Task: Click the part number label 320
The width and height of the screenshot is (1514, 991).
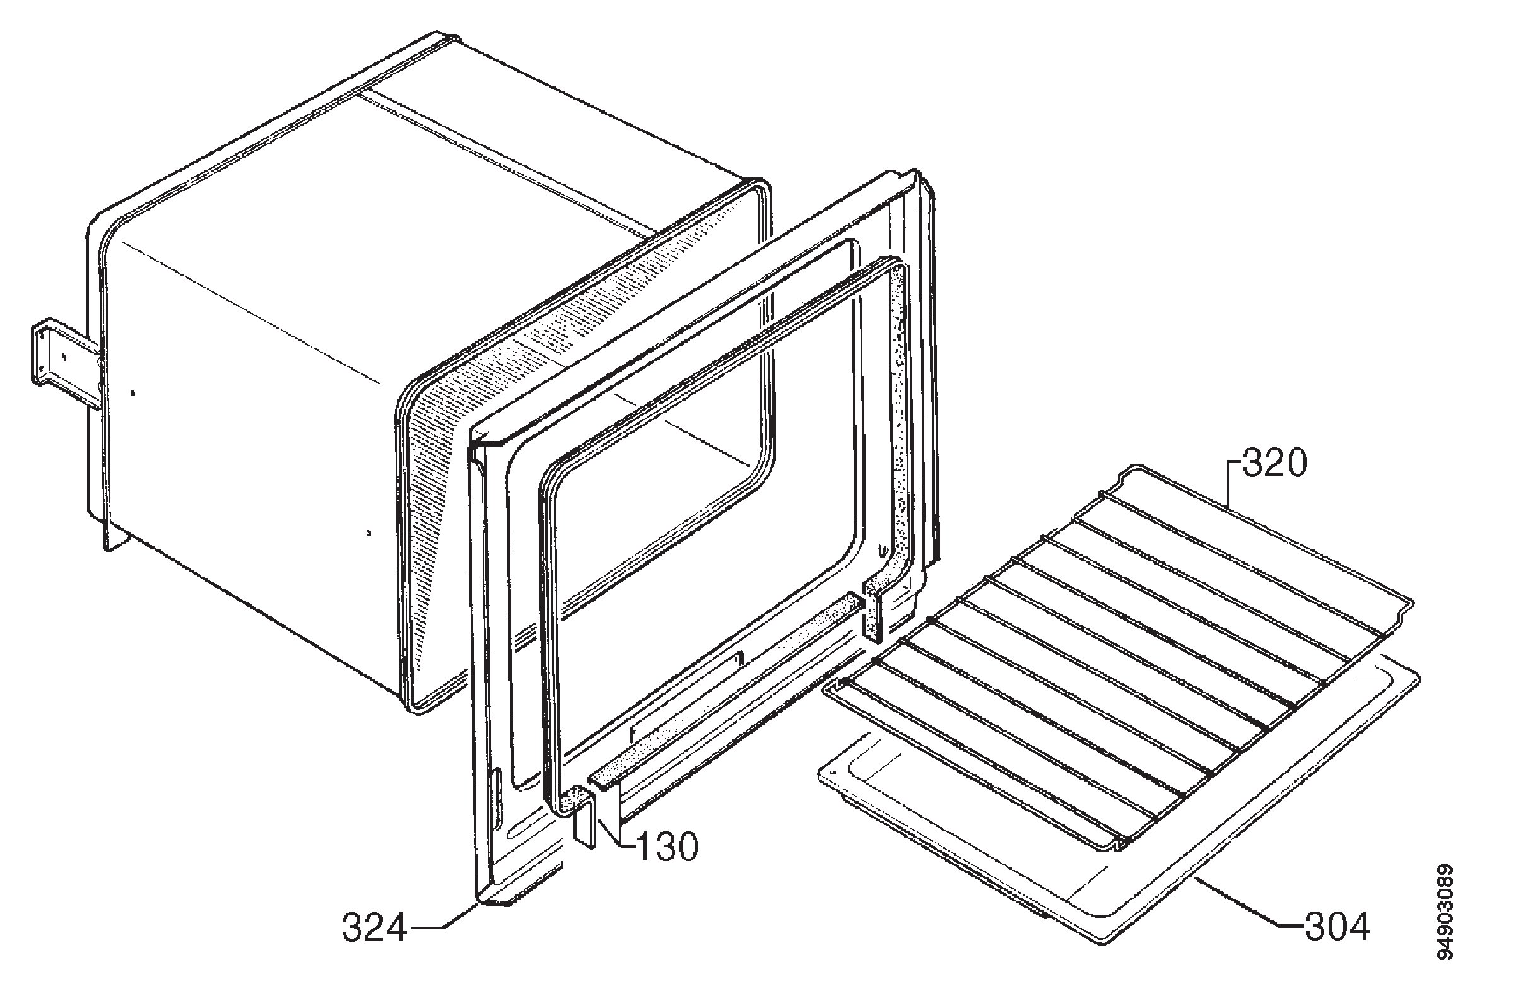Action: click(1274, 464)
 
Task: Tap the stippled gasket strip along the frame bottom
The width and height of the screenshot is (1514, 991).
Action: click(725, 688)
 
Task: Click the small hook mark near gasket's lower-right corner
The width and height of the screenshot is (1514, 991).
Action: click(882, 550)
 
